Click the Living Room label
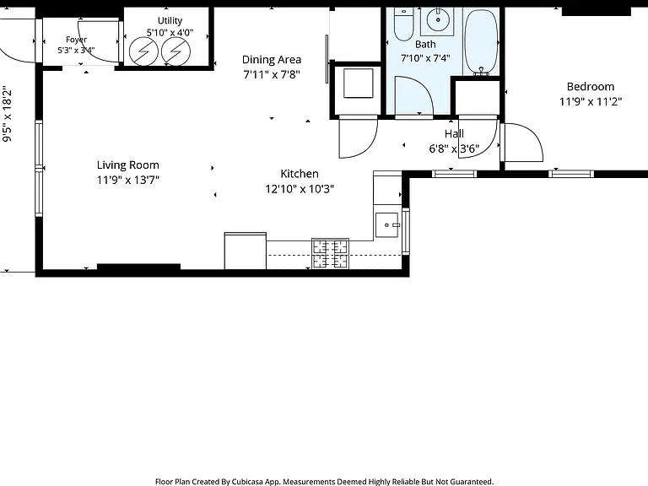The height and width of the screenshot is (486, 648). coord(127,165)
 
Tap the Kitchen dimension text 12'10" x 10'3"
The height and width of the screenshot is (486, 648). coord(300,189)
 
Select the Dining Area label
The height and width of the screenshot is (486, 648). coord(272,60)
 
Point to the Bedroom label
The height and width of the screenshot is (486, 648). coord(590,86)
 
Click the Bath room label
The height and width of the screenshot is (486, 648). coord(425,44)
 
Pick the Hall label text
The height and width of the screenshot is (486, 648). coord(454,133)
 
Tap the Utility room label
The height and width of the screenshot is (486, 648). coord(170,20)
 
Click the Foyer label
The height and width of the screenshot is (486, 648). coord(77,40)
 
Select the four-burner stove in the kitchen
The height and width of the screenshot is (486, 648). coord(330,253)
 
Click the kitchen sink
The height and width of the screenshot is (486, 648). coord(386,225)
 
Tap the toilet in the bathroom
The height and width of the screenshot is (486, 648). coord(403,24)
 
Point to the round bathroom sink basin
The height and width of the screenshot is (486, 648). coord(438,19)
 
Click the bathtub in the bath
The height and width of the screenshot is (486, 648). coord(481,41)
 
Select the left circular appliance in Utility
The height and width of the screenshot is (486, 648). coord(143,51)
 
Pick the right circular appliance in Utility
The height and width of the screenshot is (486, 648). coord(176,51)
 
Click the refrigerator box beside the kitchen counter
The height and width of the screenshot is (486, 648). coord(245,251)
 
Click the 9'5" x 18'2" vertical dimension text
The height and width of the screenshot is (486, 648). coord(7,114)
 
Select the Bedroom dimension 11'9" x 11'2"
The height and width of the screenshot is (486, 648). coord(590,101)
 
